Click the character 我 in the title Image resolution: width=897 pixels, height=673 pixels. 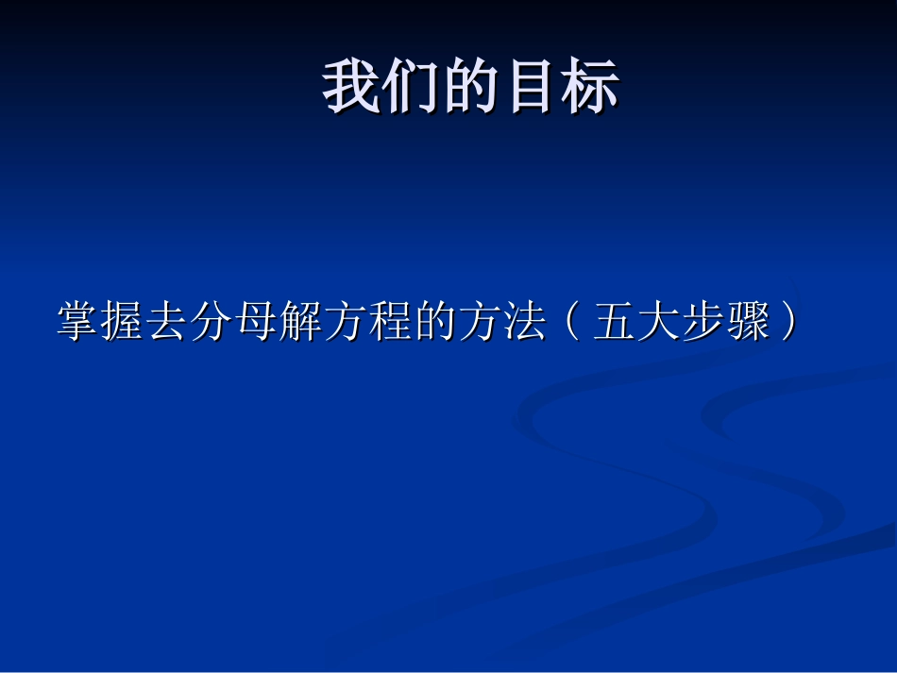(x=352, y=88)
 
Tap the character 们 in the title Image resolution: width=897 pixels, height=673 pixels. (x=412, y=88)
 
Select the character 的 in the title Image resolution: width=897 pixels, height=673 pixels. (x=471, y=88)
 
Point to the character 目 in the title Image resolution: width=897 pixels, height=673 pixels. (x=531, y=88)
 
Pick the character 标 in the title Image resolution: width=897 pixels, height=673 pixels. (x=590, y=88)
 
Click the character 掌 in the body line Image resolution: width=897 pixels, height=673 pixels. (x=79, y=323)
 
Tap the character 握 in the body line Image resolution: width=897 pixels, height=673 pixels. (x=124, y=323)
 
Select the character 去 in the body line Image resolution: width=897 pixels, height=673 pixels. (x=169, y=323)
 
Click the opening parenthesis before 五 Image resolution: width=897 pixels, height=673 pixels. (x=571, y=323)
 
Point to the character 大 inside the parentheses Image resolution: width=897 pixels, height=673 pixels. (x=660, y=323)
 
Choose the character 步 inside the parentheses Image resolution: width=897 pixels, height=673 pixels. (x=704, y=323)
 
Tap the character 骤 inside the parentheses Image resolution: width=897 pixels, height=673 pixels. (x=749, y=323)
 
